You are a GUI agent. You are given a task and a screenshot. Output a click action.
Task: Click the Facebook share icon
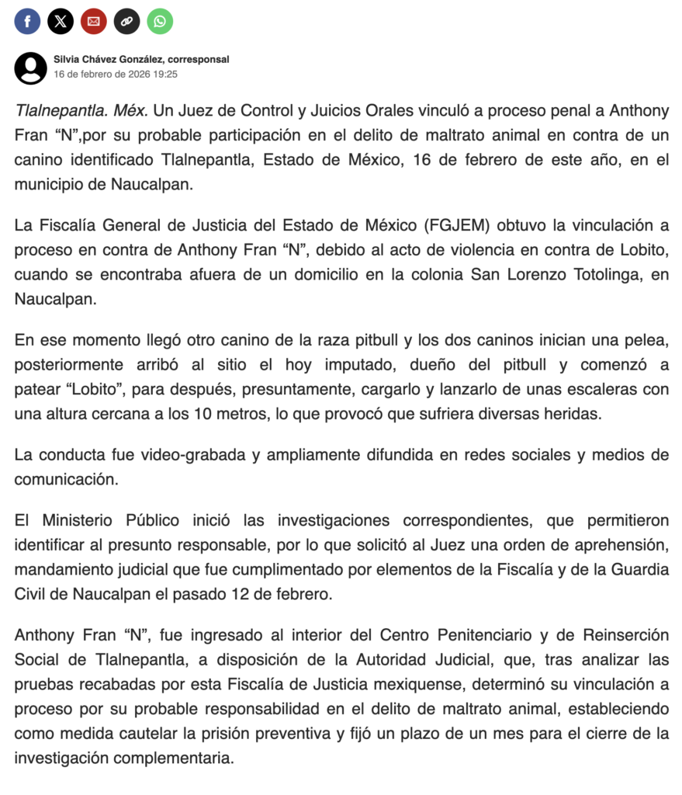[x=27, y=21]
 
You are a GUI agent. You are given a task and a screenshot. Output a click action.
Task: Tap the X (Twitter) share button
[x=61, y=21]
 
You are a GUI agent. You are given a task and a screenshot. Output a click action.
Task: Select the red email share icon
[x=94, y=21]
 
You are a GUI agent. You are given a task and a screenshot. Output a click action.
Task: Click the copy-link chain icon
[x=127, y=21]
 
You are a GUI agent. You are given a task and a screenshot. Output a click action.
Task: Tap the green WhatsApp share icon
[x=160, y=21]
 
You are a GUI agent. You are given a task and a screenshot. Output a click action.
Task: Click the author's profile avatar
[x=31, y=68]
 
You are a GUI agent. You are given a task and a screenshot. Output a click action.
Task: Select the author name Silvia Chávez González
[x=109, y=60]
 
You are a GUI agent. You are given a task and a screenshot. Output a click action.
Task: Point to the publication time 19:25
[x=164, y=75]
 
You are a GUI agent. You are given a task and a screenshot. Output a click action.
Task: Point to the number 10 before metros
[x=195, y=415]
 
